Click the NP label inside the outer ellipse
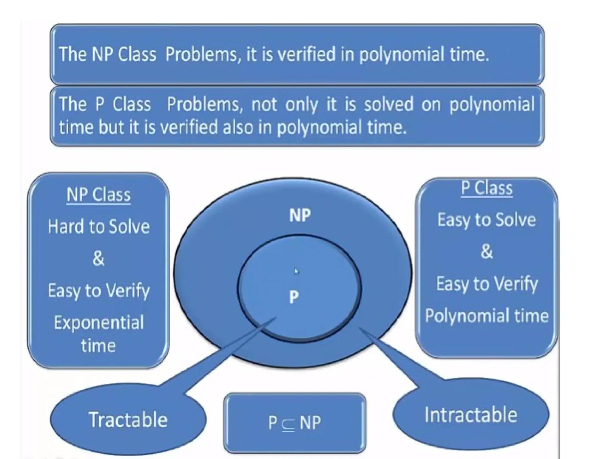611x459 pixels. click(x=300, y=215)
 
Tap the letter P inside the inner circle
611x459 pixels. click(x=294, y=297)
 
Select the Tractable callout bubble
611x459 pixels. click(x=128, y=420)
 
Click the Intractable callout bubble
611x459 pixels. click(x=470, y=414)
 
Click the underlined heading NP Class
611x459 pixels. click(x=98, y=195)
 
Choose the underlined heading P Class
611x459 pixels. click(x=487, y=188)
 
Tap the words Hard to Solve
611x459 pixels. click(x=98, y=227)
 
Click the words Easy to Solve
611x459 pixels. click(x=487, y=220)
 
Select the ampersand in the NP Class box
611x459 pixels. click(x=98, y=258)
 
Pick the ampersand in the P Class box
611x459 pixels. click(x=487, y=251)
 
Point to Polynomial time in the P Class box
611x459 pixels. click(x=487, y=316)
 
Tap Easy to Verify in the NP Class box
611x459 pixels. click(x=98, y=290)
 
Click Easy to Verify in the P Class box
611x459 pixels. click(x=487, y=284)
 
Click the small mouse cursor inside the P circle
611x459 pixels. click(x=296, y=271)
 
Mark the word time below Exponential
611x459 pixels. click(x=98, y=346)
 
